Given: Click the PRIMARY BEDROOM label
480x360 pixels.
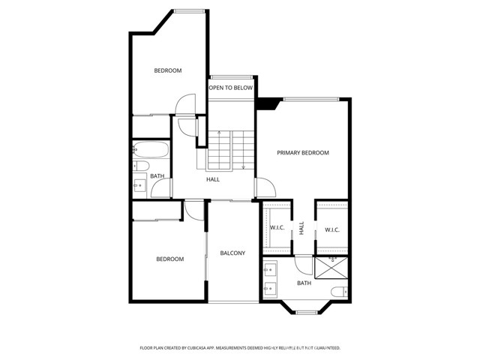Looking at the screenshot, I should (x=303, y=153).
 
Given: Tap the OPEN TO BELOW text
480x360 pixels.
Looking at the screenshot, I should (x=230, y=88).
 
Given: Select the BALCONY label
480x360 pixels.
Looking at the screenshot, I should (x=232, y=253).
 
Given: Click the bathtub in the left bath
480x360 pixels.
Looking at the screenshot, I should (x=151, y=148).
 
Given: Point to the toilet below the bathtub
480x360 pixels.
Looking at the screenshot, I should (x=139, y=165).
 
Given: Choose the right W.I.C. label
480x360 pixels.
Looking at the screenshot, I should (x=331, y=229).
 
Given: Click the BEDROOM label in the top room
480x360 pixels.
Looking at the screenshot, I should (x=168, y=70).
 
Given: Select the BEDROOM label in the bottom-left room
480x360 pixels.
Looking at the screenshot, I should (x=169, y=259).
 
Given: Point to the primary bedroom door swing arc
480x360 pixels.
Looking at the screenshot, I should (x=262, y=185).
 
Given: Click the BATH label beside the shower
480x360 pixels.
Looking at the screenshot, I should (x=304, y=283).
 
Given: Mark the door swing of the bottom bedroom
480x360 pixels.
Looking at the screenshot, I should (x=193, y=209).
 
